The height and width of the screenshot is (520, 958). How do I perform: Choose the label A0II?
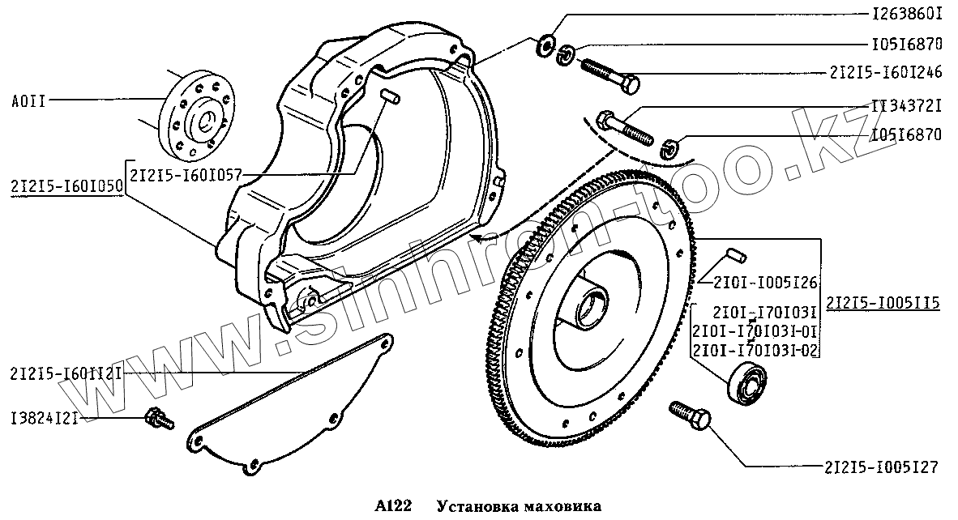coord(30,101)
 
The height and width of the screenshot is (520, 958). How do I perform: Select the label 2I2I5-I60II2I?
coord(66,373)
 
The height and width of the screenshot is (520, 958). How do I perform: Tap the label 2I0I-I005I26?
coord(766,282)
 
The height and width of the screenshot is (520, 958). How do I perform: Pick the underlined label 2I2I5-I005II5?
coord(883,304)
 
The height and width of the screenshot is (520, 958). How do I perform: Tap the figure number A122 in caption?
coord(393,507)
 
